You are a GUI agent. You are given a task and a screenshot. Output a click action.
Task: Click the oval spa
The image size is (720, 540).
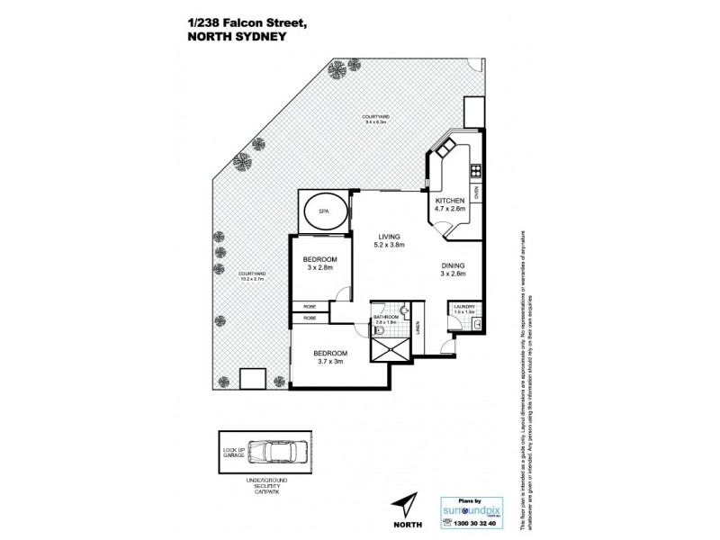(x=322, y=214)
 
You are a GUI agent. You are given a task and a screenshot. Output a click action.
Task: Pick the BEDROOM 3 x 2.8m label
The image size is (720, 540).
(x=319, y=262)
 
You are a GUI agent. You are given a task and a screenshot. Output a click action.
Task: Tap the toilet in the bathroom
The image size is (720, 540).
(x=382, y=332)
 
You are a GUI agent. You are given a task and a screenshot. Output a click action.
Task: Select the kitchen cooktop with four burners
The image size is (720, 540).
(x=475, y=168)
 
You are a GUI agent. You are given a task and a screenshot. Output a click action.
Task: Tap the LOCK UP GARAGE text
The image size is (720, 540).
(x=233, y=451)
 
